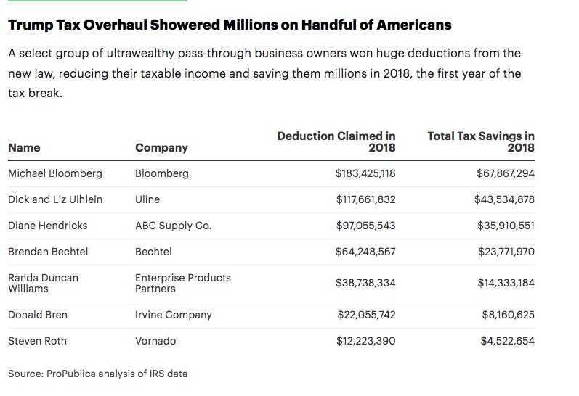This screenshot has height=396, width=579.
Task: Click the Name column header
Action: click(24, 147)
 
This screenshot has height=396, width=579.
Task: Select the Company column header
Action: click(161, 147)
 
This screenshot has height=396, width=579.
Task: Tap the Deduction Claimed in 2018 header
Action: click(336, 141)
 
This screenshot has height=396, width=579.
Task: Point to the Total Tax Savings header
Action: click(481, 141)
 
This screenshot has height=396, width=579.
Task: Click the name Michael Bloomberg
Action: click(55, 173)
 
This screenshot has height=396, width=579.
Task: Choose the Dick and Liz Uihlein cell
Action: click(55, 199)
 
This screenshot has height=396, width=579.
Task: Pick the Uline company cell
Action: click(147, 199)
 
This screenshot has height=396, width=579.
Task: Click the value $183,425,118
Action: click(365, 173)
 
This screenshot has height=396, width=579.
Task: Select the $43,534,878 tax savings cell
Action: click(504, 199)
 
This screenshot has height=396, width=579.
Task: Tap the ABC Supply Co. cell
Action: click(174, 226)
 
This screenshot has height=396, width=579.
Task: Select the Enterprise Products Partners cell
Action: click(183, 283)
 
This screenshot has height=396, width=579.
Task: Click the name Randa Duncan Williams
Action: click(43, 283)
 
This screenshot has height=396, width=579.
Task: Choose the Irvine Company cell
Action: click(174, 315)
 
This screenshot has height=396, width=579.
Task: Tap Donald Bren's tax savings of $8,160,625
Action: click(508, 315)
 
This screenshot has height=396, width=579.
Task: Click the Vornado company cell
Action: click(155, 341)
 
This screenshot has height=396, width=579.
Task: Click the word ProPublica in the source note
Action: click(70, 374)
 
